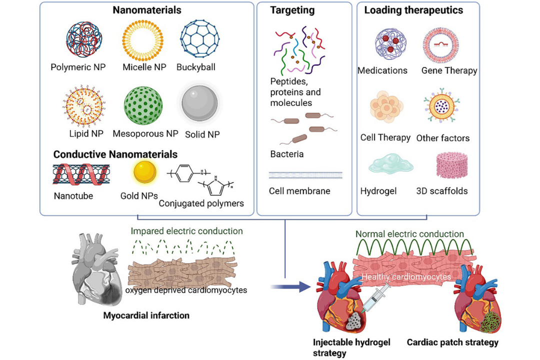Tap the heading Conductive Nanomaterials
coord(115,154)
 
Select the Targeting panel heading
coord(292,9)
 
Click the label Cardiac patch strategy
coord(452,342)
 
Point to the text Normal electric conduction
coord(409,233)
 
